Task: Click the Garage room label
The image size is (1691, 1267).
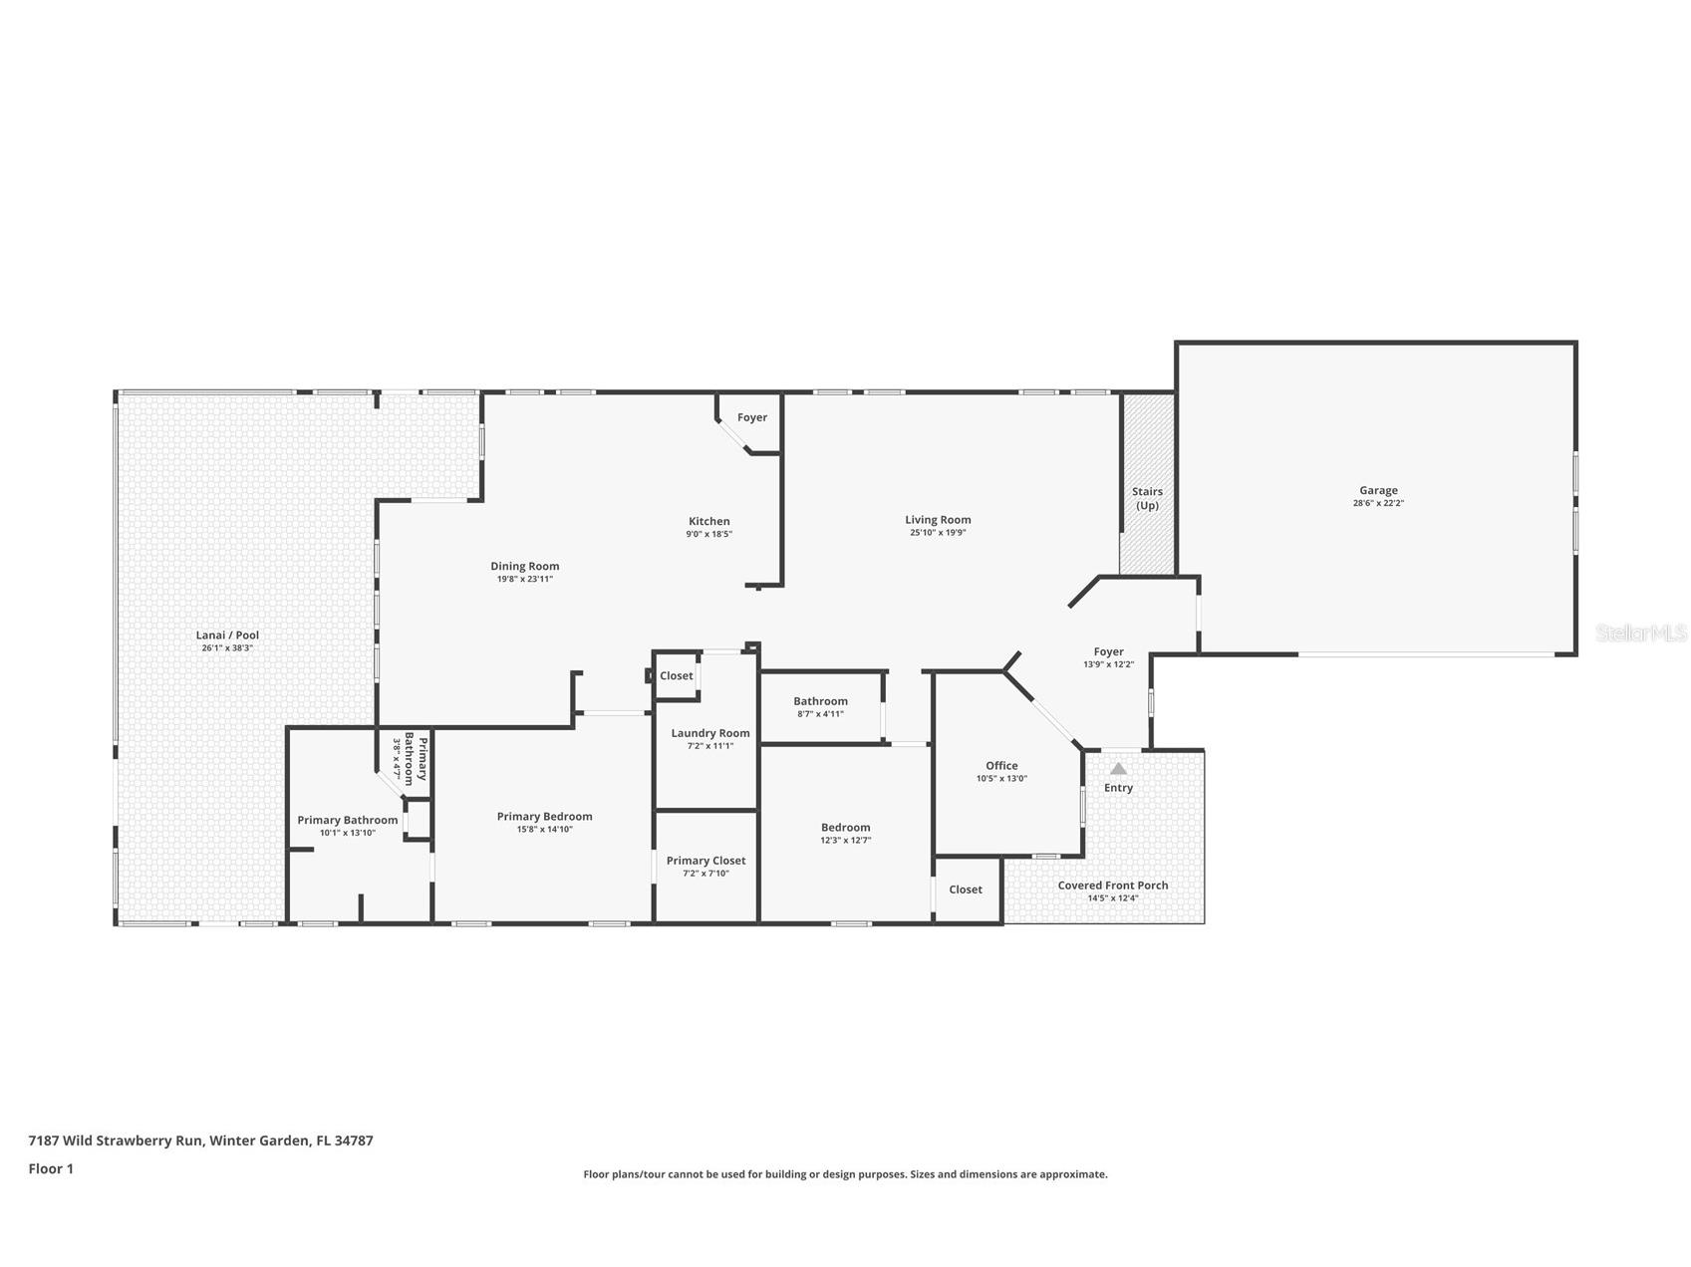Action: (1378, 490)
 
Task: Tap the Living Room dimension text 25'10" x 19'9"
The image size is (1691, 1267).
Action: (938, 533)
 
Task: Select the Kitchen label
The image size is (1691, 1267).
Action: (709, 521)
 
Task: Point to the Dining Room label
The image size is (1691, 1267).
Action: (525, 566)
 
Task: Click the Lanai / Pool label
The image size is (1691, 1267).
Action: (227, 634)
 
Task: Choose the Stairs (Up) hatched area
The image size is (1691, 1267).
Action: (1148, 484)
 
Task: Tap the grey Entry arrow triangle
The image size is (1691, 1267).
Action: (1118, 768)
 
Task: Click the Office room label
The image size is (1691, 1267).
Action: (1001, 766)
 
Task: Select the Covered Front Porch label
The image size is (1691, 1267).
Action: (1113, 885)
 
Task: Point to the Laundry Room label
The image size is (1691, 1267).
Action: (710, 733)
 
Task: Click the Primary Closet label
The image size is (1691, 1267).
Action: (706, 861)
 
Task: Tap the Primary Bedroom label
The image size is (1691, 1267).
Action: (545, 817)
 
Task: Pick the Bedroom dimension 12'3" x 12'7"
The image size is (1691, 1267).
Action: (846, 841)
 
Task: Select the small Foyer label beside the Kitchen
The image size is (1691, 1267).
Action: (752, 417)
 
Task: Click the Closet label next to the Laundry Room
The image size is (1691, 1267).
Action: (677, 675)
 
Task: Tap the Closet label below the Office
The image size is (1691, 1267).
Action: (966, 889)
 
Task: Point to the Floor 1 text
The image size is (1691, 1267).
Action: (51, 1168)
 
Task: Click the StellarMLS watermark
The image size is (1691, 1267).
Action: (1641, 633)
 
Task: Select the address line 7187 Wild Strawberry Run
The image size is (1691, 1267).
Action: (116, 1140)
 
